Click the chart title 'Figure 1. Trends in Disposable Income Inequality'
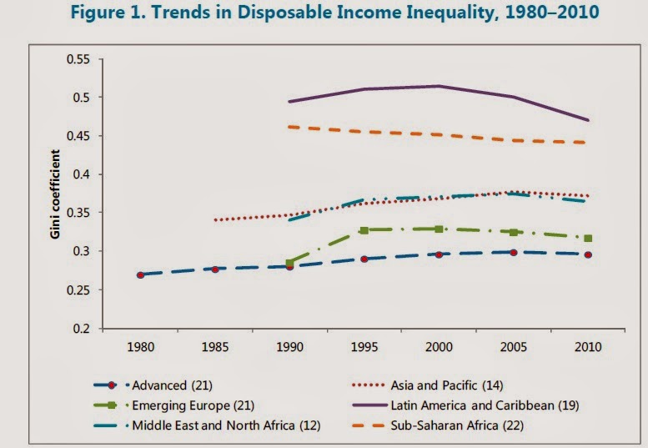324,16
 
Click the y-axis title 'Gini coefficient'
55,194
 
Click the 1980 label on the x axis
140,345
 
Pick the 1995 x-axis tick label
364,345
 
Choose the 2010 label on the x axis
588,345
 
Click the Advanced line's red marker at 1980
140,274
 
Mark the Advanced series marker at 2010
588,254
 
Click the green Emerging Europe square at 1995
364,229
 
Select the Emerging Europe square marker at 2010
588,239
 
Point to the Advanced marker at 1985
215,269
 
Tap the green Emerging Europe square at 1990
289,263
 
